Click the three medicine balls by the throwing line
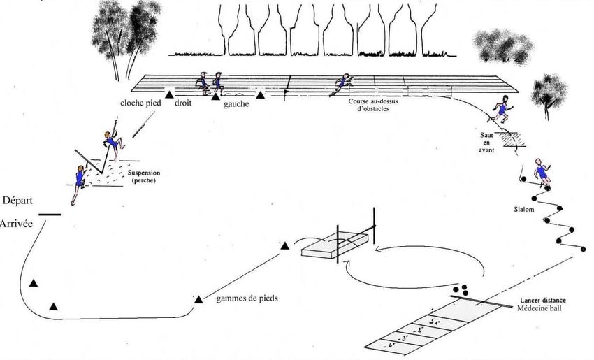pyautogui.click(x=461, y=289)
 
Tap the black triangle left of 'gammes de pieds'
pyautogui.click(x=198, y=299)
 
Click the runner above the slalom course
pyautogui.click(x=540, y=172)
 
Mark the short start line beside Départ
pyautogui.click(x=50, y=213)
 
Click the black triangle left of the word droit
pyautogui.click(x=168, y=93)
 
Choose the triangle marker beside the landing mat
pyautogui.click(x=284, y=245)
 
